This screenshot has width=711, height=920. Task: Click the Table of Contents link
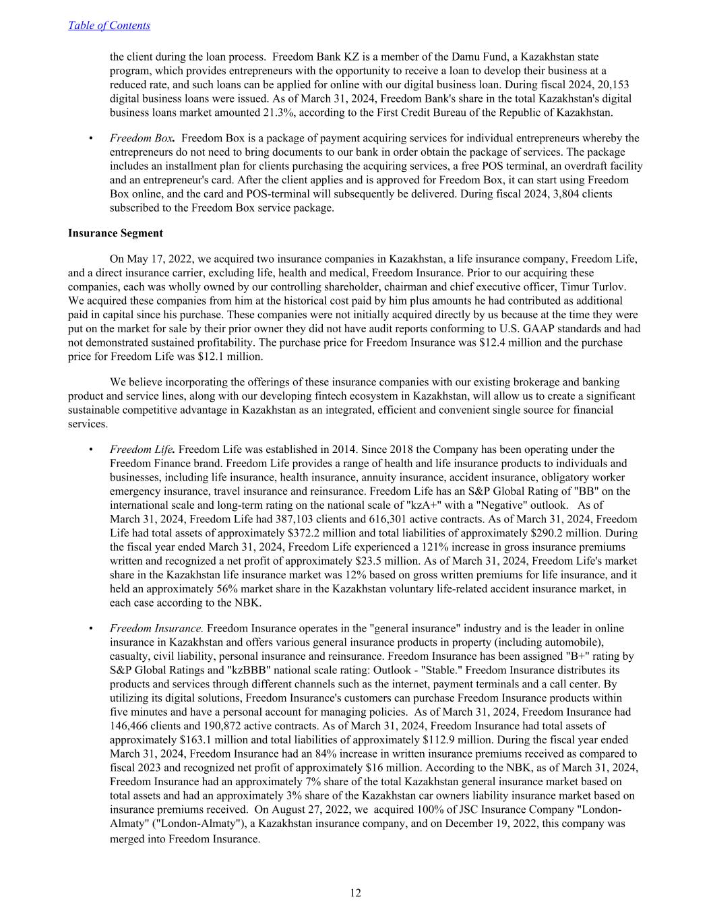point(109,26)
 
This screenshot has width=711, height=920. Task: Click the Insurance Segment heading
point(115,233)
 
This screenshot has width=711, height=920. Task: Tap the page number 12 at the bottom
point(355,893)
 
